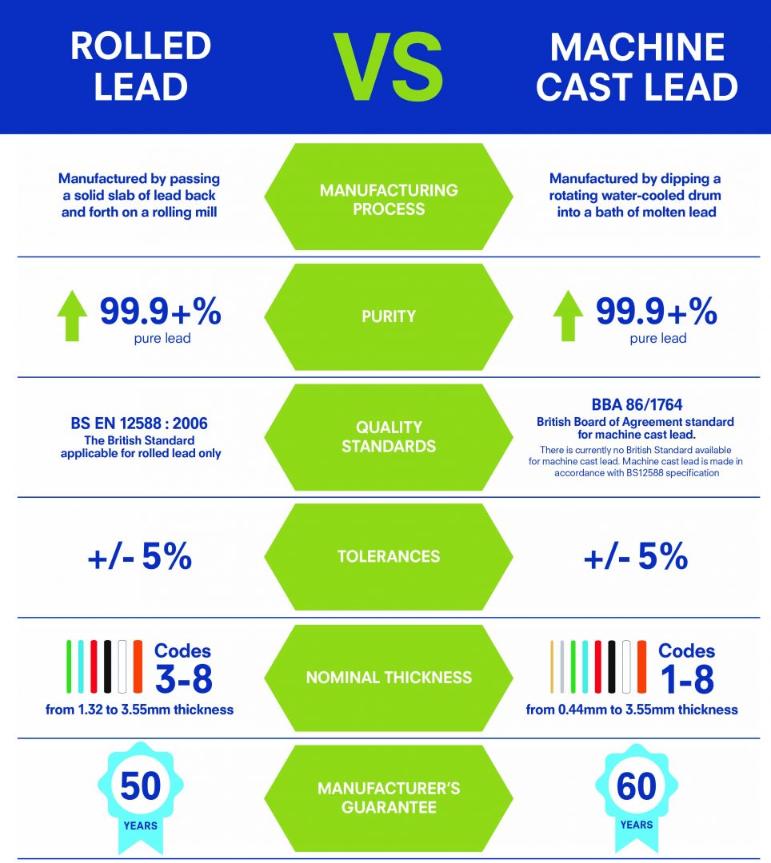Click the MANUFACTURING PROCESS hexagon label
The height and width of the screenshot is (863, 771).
389,200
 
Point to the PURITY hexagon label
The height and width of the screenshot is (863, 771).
389,316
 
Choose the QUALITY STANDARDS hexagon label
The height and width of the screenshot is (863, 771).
389,436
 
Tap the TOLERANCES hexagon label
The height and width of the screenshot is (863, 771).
389,556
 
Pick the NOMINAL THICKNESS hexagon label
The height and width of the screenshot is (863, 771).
389,678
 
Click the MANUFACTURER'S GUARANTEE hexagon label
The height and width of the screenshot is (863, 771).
389,797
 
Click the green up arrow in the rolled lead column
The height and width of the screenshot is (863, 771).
72,317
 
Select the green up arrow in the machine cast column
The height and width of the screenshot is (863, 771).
568,317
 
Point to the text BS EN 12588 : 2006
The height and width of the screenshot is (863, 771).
141,424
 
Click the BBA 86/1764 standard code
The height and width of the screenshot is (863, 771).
637,405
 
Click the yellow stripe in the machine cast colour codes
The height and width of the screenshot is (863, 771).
552,666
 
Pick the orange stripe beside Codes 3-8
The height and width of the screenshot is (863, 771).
138,666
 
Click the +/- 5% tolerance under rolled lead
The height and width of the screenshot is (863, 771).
140,557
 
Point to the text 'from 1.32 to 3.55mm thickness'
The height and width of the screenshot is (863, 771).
141,709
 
